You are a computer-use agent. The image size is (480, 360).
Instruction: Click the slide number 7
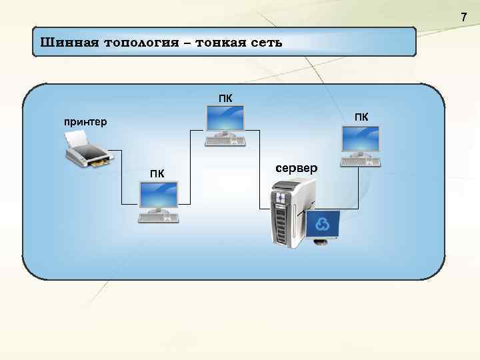point(464,17)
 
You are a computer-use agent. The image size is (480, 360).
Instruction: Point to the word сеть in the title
point(266,43)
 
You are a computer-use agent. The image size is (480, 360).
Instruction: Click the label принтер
point(85,122)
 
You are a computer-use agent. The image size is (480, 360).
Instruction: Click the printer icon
point(87,149)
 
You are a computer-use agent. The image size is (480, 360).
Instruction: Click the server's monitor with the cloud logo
point(322,225)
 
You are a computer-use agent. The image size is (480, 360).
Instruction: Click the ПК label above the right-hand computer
point(361,117)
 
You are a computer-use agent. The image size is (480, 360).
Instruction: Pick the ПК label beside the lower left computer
point(157,175)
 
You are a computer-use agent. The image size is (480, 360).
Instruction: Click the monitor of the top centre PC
point(225,121)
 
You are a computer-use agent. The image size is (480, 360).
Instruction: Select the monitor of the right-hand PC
point(360,139)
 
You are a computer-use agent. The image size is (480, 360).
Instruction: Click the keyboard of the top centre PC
point(225,141)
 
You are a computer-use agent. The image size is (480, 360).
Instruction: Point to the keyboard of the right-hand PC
point(360,161)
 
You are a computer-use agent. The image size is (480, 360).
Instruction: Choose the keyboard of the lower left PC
point(158,217)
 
